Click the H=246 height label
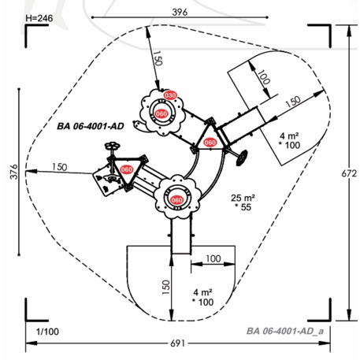(39, 18)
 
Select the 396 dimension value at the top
(180, 12)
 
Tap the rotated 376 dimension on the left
(13, 172)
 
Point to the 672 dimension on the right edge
(349, 173)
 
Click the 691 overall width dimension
(178, 343)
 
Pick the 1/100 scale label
(47, 332)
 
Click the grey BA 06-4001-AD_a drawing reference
(285, 331)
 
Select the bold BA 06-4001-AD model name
(91, 126)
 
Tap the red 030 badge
(170, 95)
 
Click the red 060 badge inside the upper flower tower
(161, 113)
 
